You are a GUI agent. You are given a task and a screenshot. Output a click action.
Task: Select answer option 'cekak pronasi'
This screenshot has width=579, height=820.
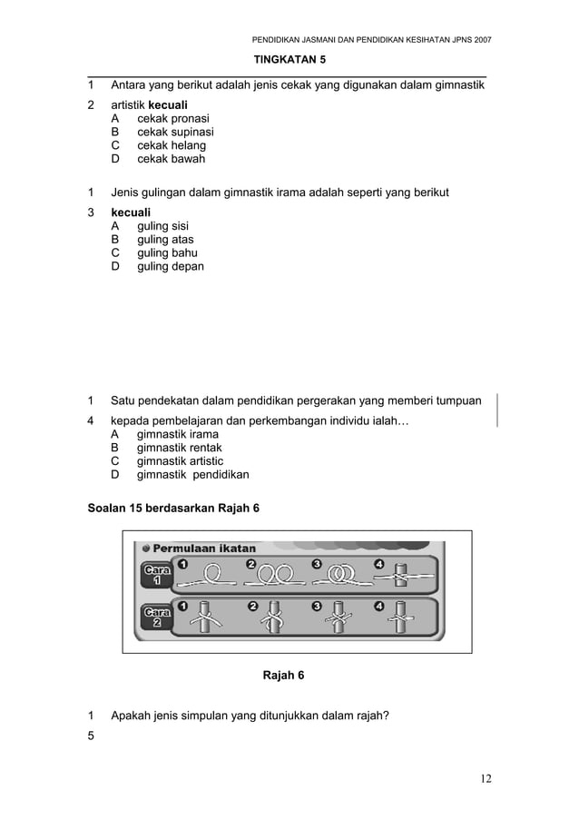(172, 119)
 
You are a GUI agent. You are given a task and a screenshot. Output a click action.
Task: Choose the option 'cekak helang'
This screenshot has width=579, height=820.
(171, 145)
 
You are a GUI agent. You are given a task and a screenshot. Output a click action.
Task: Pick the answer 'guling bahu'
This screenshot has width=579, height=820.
(167, 253)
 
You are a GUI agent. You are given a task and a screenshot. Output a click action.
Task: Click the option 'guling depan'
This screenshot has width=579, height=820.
(170, 267)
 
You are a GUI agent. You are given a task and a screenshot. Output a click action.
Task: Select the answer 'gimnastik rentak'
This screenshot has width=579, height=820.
(179, 448)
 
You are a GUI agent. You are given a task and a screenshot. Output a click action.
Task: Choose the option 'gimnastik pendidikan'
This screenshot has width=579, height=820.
(192, 475)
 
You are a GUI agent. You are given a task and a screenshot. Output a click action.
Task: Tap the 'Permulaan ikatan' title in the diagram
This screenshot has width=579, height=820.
(204, 548)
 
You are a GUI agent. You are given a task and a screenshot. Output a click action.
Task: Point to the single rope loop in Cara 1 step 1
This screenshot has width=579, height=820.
(212, 574)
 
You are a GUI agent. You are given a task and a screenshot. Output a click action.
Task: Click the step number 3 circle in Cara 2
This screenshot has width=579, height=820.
(317, 606)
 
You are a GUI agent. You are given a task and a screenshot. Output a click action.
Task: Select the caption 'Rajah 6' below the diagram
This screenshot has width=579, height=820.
(283, 676)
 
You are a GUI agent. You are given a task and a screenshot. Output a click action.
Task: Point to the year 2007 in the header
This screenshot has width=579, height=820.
(478, 40)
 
